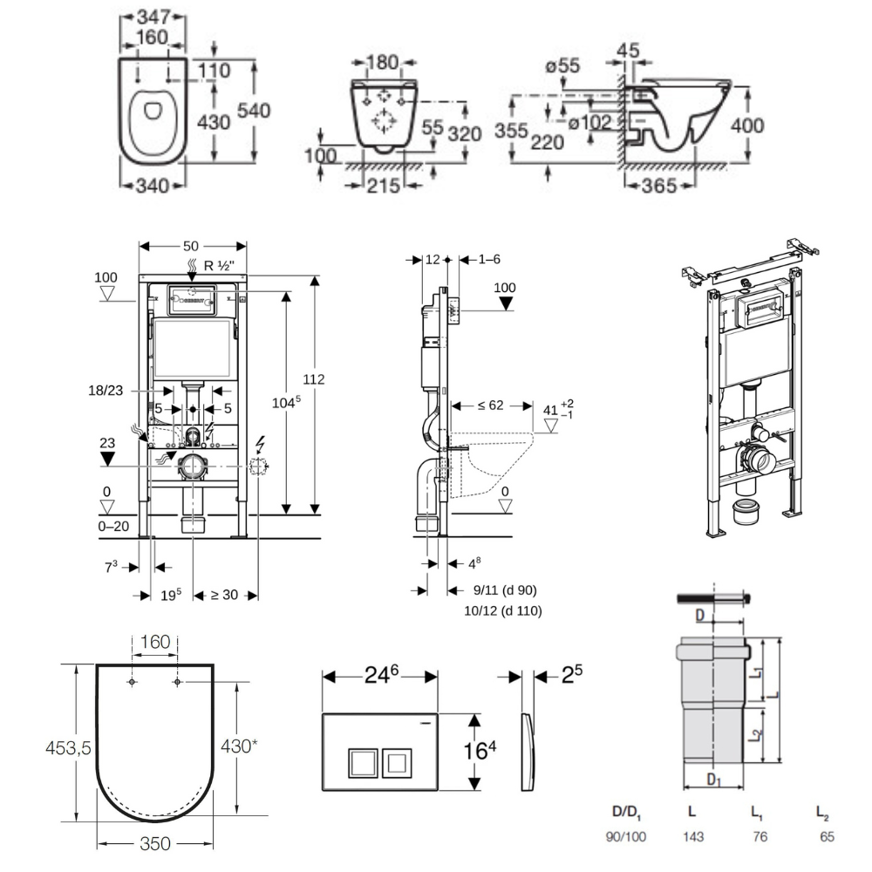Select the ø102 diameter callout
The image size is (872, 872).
tap(589, 123)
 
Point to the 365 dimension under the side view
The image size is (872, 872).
tap(666, 185)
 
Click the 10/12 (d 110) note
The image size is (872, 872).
tap(505, 611)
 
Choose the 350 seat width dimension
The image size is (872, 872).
tap(153, 844)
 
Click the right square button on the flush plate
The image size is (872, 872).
tap(398, 763)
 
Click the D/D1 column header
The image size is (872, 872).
tap(627, 814)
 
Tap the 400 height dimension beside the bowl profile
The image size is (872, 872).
tap(746, 126)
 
